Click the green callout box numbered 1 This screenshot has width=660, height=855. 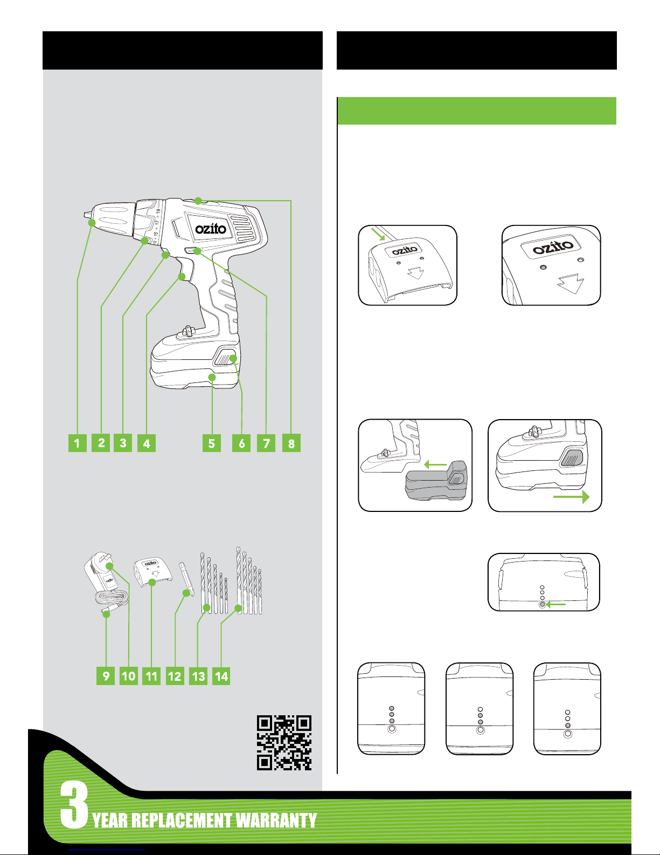coord(78,443)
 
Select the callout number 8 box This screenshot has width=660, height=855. coord(291,443)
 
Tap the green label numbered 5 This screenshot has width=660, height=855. coord(211,443)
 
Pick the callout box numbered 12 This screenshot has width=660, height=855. coord(175,676)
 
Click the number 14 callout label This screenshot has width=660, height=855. coord(221,676)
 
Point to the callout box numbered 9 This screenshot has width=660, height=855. coord(106,676)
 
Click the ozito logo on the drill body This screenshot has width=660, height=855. coord(211,229)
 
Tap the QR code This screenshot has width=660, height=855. coord(284,742)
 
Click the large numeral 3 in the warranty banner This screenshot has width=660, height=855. coord(74,805)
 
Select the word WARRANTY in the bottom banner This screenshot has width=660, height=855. coord(276,820)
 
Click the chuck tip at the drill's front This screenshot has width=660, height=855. coord(87,215)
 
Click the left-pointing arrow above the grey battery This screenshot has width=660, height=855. coord(435,465)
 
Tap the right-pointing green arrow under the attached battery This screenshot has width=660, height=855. coord(572,497)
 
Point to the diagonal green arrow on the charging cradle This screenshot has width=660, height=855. coord(378,234)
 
